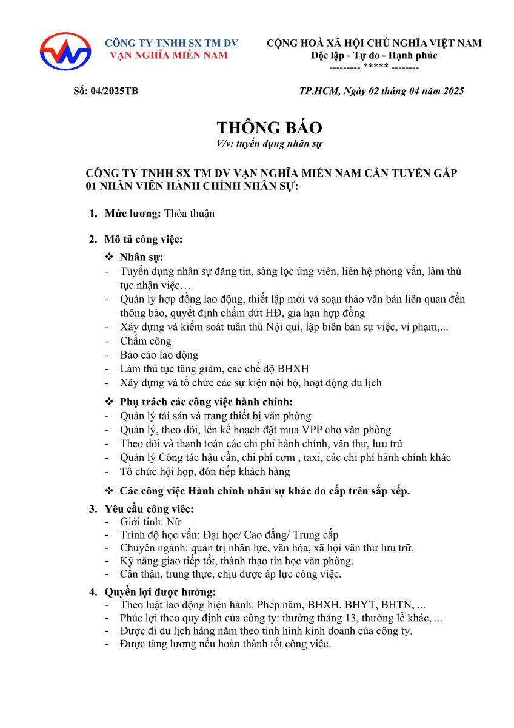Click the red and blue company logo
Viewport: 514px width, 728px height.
tap(65, 51)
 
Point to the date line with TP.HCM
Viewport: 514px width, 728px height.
tap(382, 91)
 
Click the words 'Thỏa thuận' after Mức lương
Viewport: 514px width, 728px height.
tap(189, 213)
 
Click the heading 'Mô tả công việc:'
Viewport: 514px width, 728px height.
tap(144, 239)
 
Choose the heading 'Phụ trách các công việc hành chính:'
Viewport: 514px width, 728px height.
tap(206, 402)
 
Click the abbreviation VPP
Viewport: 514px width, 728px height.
tap(322, 430)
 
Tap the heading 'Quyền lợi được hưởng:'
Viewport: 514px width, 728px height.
tap(161, 591)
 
